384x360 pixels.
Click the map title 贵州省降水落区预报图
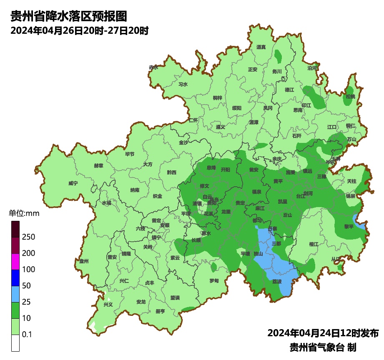click(68, 17)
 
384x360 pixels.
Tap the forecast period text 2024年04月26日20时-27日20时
click(79, 31)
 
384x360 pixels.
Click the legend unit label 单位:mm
click(24, 214)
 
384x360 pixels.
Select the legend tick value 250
click(28, 237)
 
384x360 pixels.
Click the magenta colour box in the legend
click(15, 261)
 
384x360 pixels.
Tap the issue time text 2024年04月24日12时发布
click(323, 333)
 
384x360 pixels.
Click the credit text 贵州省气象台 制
click(323, 347)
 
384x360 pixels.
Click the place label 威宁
click(73, 183)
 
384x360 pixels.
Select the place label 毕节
click(130, 154)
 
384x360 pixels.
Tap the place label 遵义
click(221, 127)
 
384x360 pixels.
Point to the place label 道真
click(261, 47)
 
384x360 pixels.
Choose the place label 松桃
click(350, 97)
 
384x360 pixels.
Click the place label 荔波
click(277, 282)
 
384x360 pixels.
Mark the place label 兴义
click(108, 305)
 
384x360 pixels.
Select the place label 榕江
click(314, 244)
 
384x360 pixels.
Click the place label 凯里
click(283, 202)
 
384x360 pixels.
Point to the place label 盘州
click(84, 261)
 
